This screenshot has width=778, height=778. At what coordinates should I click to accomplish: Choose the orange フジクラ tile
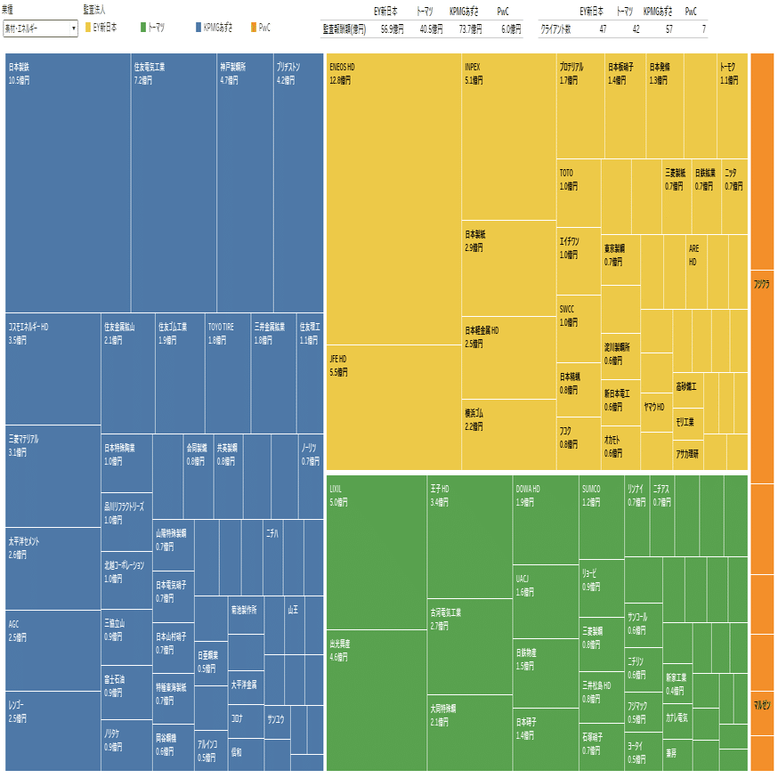click(762, 374)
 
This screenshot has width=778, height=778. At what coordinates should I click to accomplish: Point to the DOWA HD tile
click(546, 520)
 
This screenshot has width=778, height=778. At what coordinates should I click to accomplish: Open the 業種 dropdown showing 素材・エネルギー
click(41, 28)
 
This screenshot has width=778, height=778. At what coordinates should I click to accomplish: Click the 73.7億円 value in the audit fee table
click(469, 29)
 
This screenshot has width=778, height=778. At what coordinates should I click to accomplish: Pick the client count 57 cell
click(657, 29)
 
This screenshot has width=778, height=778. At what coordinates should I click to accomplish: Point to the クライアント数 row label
click(556, 29)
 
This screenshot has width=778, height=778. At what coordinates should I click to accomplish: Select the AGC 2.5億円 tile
click(53, 650)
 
